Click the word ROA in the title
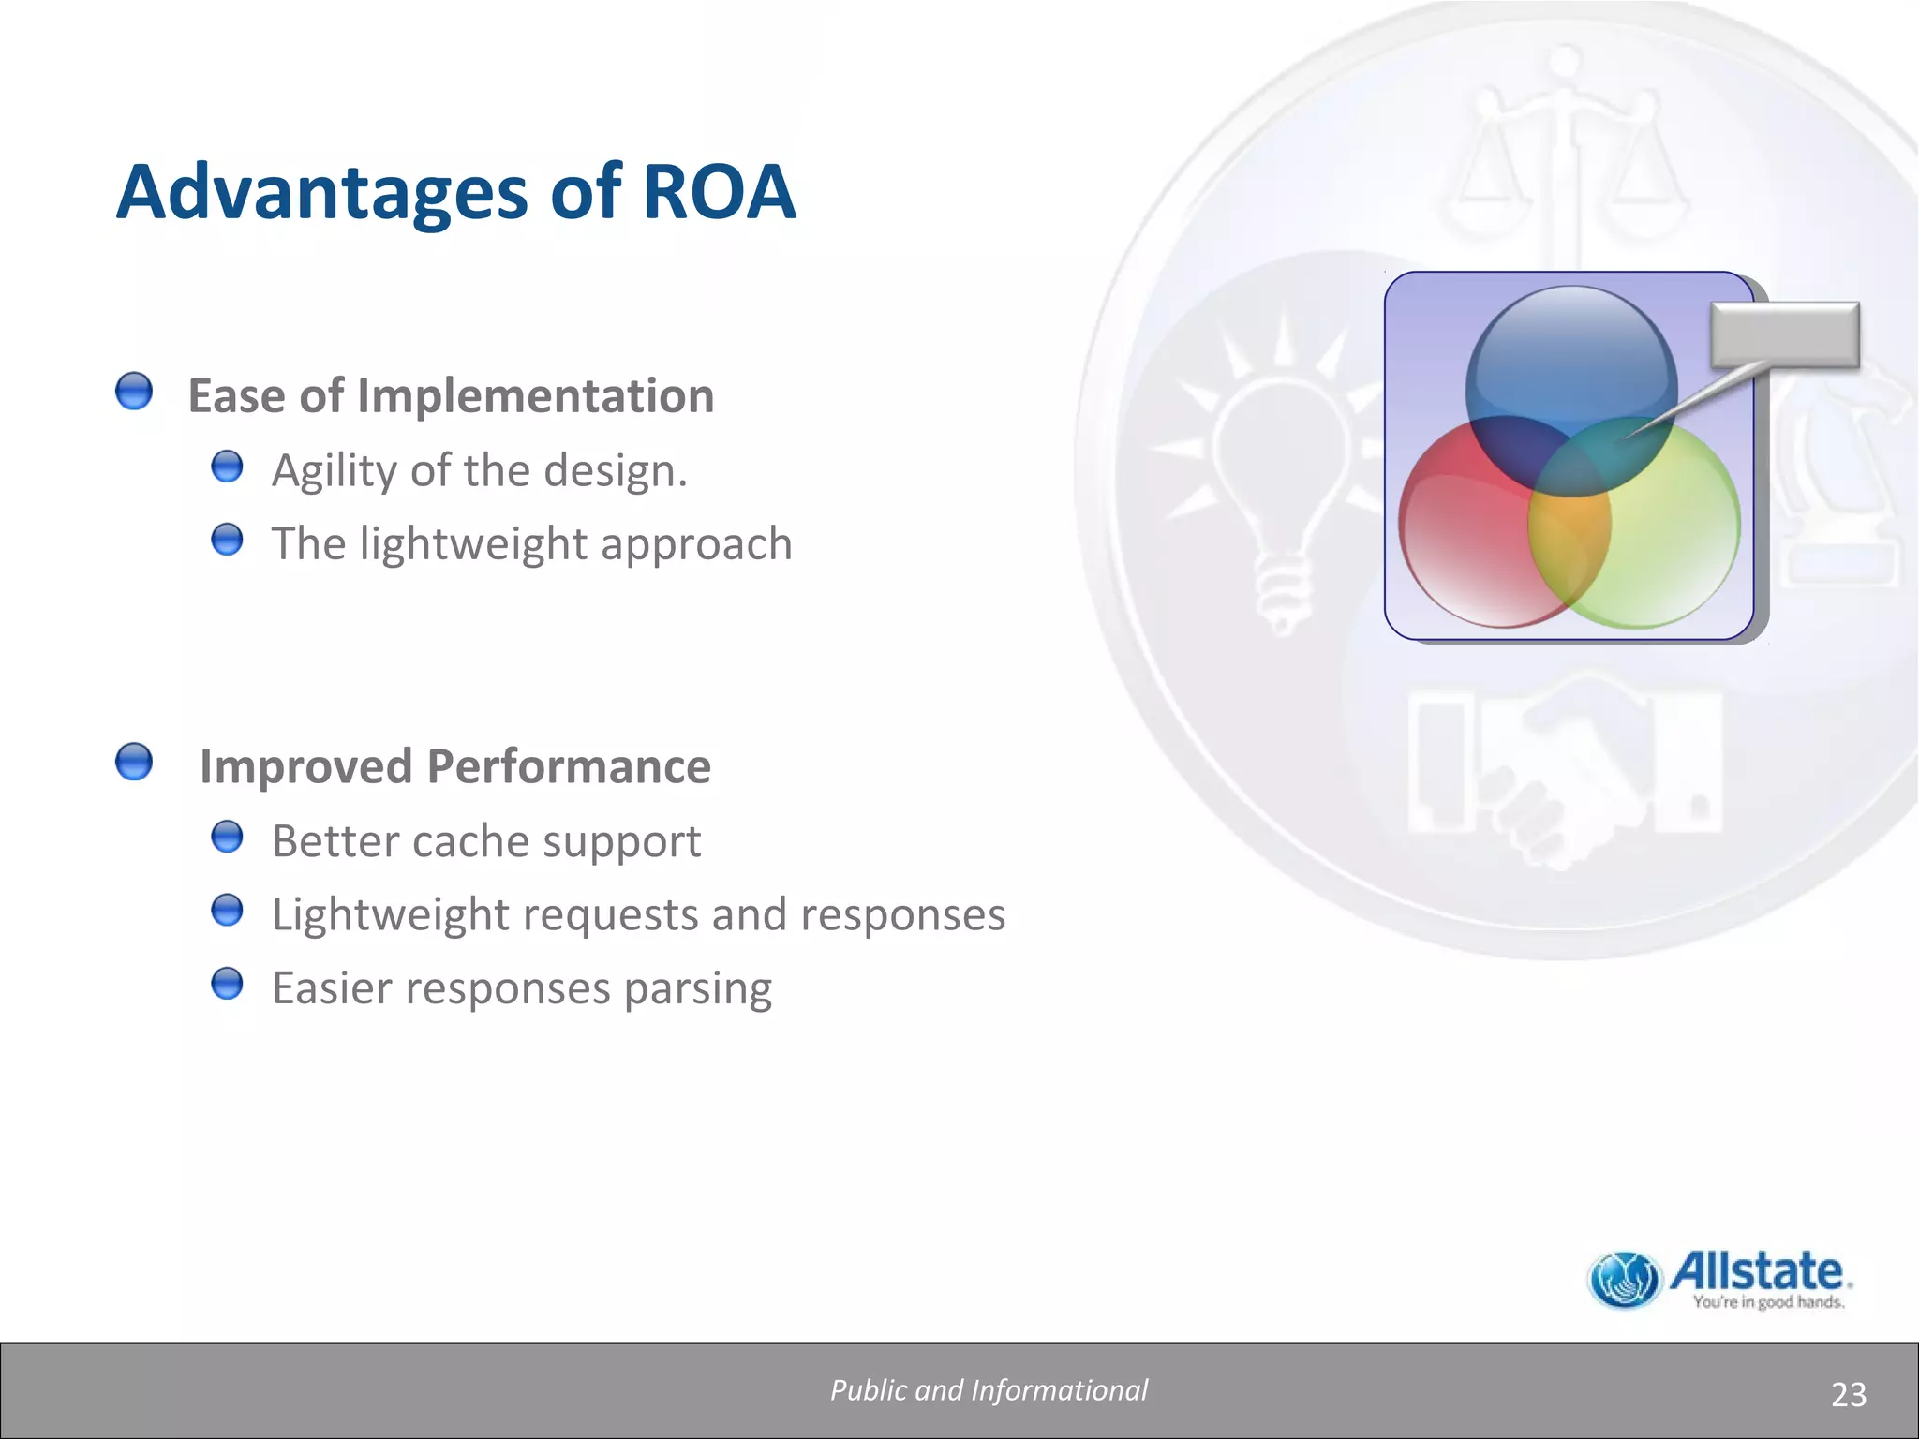719,192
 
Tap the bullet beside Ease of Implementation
134,392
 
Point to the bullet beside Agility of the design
227,467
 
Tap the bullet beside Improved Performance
134,762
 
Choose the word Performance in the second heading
569,766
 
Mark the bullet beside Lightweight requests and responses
227,910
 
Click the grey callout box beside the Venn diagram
1784,334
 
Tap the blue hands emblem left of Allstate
1624,1280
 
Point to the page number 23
1848,1395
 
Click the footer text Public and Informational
989,1390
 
